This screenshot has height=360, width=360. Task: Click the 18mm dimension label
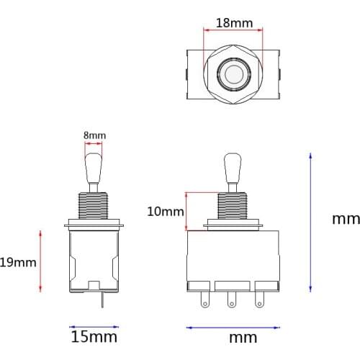pos(234,23)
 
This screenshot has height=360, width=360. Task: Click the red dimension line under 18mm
pos(234,31)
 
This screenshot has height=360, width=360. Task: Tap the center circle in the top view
pos(233,74)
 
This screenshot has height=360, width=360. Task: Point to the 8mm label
pos(95,135)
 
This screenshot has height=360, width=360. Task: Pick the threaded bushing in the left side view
pos(94,207)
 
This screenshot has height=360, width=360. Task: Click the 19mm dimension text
pos(18,262)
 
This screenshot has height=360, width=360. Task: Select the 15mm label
pos(94,336)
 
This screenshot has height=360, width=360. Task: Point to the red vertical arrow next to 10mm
pos(187,211)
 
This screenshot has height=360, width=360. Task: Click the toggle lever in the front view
pos(232,173)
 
